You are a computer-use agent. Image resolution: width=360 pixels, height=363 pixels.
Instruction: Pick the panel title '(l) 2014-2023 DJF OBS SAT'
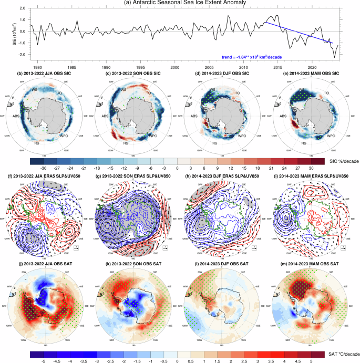tap(223, 262)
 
